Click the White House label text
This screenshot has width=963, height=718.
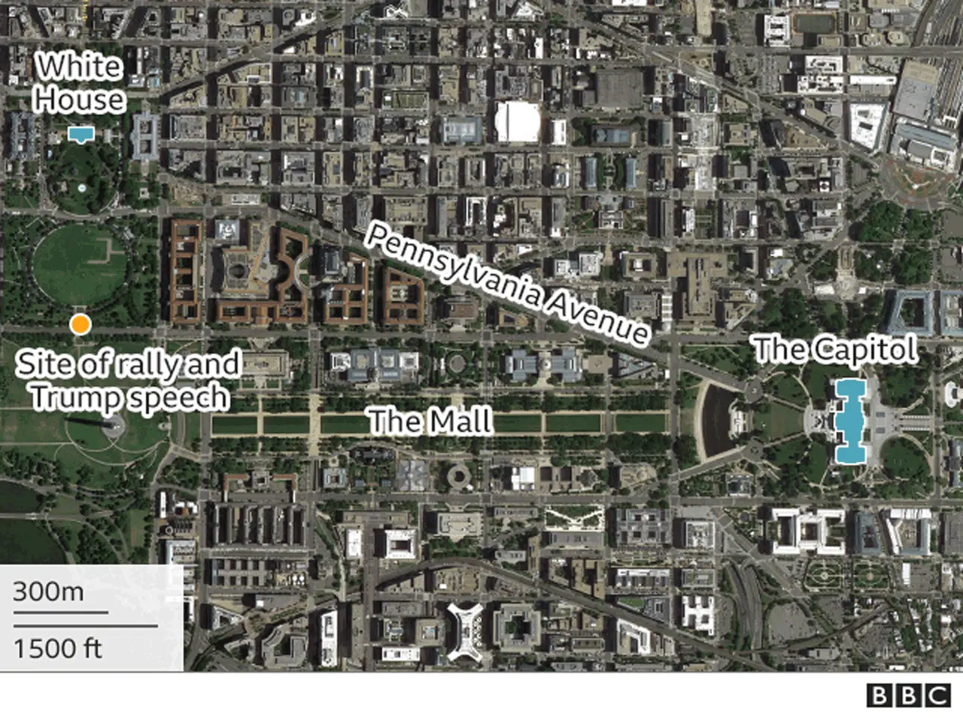point(80,83)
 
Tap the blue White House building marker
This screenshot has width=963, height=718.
point(79,135)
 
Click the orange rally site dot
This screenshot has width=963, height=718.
point(80,325)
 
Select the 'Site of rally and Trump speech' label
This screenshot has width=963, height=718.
point(129,381)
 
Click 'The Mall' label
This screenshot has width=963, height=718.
point(430,420)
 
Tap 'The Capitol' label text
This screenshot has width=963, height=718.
point(835,350)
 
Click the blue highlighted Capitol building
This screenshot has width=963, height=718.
point(850,421)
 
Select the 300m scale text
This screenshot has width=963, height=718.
point(48,592)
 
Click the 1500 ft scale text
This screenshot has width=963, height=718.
point(57,648)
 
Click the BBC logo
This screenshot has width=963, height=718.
point(908,695)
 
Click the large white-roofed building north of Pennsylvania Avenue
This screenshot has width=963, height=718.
point(517,121)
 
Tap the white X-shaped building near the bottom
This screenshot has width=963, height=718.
point(467,631)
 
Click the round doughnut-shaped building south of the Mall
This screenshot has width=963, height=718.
point(458,476)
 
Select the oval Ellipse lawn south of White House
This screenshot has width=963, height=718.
point(79,260)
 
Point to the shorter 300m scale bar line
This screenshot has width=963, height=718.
point(60,613)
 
